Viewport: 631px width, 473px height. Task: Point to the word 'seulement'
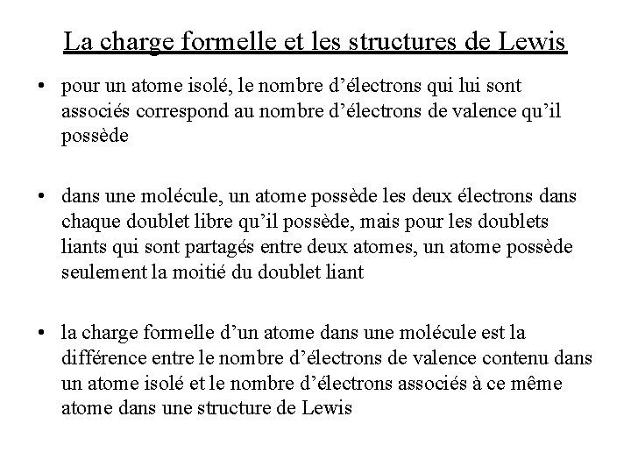point(97,272)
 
